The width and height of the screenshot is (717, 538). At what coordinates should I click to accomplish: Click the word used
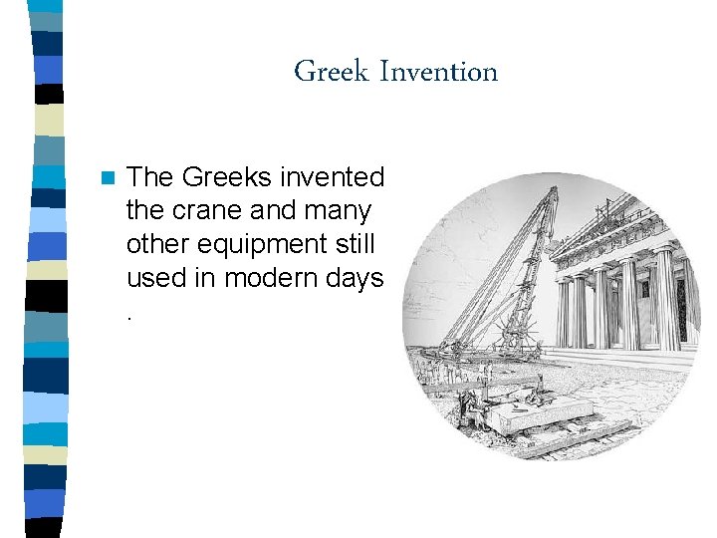[x=156, y=279]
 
